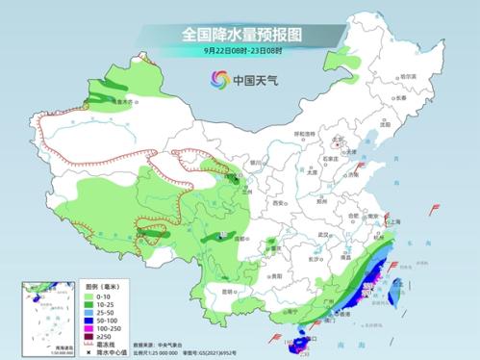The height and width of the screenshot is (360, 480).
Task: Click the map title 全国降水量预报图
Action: click(x=240, y=34)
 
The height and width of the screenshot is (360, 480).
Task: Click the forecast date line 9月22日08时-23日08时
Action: click(x=240, y=51)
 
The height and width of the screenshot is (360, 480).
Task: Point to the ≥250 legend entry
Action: click(x=100, y=334)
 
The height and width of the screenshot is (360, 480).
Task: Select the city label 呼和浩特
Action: click(x=304, y=135)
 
